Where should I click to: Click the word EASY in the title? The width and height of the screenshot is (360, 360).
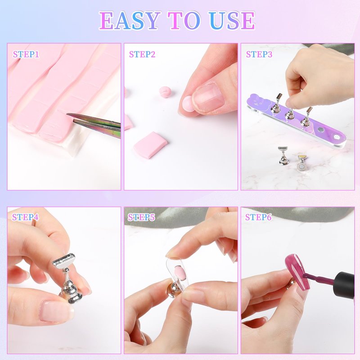[x=130, y=20]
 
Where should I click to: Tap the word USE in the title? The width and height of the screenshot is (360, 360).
[x=232, y=20]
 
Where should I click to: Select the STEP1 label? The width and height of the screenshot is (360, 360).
[x=26, y=54]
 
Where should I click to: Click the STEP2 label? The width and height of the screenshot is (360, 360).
[x=142, y=54]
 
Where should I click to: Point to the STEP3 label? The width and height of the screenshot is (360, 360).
[x=259, y=54]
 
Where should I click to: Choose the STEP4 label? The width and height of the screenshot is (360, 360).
[x=25, y=217]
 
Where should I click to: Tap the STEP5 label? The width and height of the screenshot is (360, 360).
[x=141, y=217]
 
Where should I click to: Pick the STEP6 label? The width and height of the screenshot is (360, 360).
[x=258, y=217]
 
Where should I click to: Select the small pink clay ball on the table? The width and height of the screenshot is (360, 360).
[x=165, y=92]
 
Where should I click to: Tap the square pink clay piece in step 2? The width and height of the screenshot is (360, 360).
[x=150, y=144]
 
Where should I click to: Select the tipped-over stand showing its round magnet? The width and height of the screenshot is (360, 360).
[x=301, y=162]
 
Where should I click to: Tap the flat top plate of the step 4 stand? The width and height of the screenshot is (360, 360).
[x=64, y=261]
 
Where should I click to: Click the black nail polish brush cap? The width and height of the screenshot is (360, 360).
[x=344, y=285]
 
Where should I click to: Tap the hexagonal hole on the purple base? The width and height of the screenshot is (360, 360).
[x=336, y=137]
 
